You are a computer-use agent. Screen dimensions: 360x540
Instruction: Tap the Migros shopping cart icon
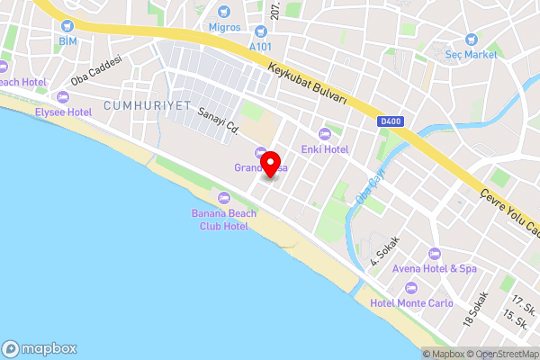[x=223, y=12]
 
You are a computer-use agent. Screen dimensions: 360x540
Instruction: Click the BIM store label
[x=68, y=41]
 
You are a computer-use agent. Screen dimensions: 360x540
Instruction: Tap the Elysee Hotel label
[x=63, y=112]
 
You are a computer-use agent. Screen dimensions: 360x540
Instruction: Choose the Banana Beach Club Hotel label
[x=224, y=220]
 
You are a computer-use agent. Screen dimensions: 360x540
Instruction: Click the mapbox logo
[x=40, y=348]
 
